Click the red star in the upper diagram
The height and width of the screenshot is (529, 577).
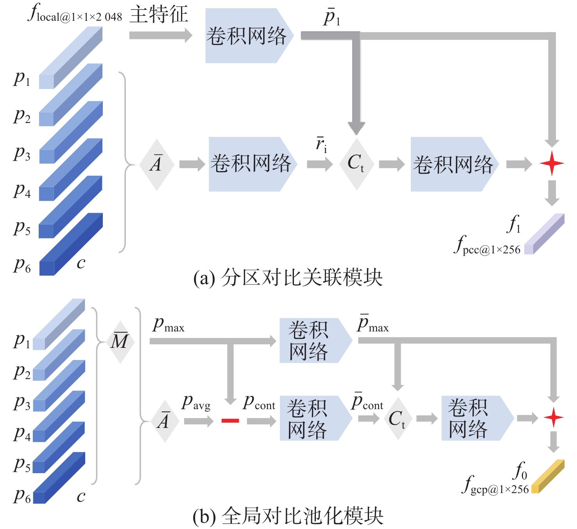[552, 163]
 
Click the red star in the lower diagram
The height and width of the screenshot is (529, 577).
[554, 418]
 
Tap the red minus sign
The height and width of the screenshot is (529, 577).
[230, 420]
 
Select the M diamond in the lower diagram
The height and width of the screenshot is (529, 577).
[120, 342]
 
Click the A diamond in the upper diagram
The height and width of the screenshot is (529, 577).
[156, 164]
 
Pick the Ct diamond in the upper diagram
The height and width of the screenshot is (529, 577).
[356, 164]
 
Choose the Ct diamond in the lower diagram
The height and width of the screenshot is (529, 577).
[398, 419]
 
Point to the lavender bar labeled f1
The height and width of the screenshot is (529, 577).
[545, 233]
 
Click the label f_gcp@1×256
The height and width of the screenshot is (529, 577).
[495, 486]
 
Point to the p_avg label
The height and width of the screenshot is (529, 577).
[196, 403]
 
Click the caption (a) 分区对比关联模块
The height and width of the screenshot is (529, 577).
[288, 278]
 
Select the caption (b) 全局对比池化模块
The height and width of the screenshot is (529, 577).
[288, 516]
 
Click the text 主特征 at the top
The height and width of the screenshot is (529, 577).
[159, 14]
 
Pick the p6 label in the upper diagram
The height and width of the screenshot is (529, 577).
[22, 265]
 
